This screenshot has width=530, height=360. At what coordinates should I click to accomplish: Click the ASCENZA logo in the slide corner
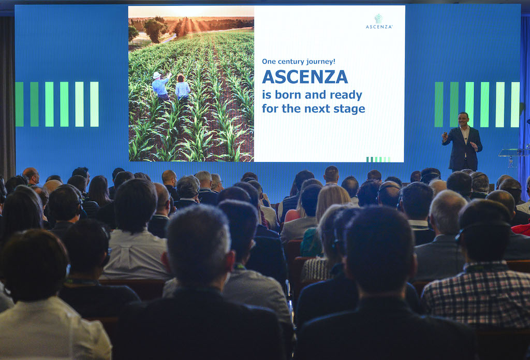pos(379,21)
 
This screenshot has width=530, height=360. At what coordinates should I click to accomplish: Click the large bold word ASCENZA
pos(305,77)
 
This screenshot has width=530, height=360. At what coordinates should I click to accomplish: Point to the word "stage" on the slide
pos(352,109)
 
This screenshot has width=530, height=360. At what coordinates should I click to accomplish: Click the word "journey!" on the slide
pos(323,62)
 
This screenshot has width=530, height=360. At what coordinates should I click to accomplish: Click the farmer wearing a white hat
pos(160,85)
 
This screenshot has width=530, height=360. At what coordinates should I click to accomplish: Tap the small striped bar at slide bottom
pos(378,160)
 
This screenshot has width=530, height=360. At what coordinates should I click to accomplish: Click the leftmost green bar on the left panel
pos(19,104)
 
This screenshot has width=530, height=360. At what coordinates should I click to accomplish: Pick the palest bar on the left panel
pos(94,104)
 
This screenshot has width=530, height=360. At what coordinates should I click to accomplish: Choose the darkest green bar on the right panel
pos(439,105)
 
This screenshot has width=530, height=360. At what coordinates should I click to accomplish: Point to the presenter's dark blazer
pos(462,148)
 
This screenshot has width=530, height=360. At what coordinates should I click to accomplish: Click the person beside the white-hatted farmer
pos(183,88)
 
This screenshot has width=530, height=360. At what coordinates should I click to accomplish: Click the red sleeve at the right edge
pos(522,229)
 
